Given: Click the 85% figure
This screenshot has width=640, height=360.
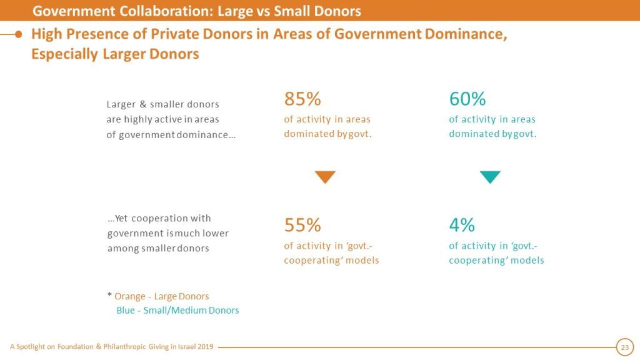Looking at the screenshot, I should pyautogui.click(x=302, y=99).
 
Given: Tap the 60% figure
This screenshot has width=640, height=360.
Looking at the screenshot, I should pyautogui.click(x=467, y=99).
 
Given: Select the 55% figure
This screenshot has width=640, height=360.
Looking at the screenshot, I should pyautogui.click(x=302, y=225).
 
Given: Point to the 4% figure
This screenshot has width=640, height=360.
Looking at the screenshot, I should pyautogui.click(x=462, y=225).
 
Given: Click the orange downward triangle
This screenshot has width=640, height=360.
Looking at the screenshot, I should pyautogui.click(x=325, y=177).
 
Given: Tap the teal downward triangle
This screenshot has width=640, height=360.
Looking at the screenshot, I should pyautogui.click(x=490, y=177).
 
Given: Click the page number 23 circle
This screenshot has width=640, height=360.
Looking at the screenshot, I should pyautogui.click(x=624, y=347).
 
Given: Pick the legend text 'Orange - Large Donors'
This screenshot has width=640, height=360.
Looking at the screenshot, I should pyautogui.click(x=161, y=296).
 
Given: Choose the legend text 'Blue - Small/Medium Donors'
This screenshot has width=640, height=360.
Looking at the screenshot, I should pyautogui.click(x=177, y=310).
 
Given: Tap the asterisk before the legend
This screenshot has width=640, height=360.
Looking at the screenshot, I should pyautogui.click(x=109, y=296).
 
